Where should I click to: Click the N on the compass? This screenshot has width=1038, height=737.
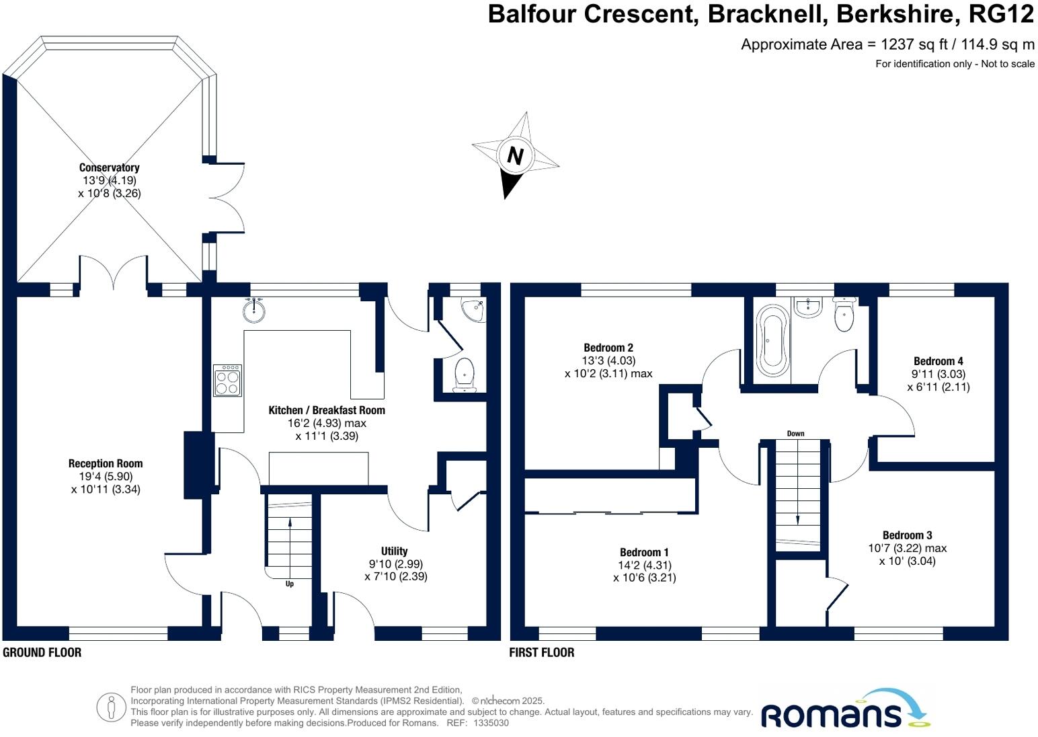click(515, 156)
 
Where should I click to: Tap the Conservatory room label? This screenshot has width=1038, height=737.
click(109, 167)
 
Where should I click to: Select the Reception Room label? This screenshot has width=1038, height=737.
click(106, 463)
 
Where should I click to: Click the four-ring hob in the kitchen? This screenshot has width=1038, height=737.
click(227, 381)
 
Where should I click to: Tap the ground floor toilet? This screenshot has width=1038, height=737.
click(465, 374)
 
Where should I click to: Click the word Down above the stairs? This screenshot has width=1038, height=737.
click(795, 434)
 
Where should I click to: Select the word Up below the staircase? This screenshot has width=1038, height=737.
click(290, 584)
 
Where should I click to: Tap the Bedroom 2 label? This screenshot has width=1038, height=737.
click(608, 348)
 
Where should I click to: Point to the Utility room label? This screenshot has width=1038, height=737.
click(395, 551)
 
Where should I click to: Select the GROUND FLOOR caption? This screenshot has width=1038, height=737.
click(42, 652)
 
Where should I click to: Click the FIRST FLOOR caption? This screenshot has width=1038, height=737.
click(542, 652)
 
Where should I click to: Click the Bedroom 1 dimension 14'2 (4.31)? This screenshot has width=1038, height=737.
click(645, 566)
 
